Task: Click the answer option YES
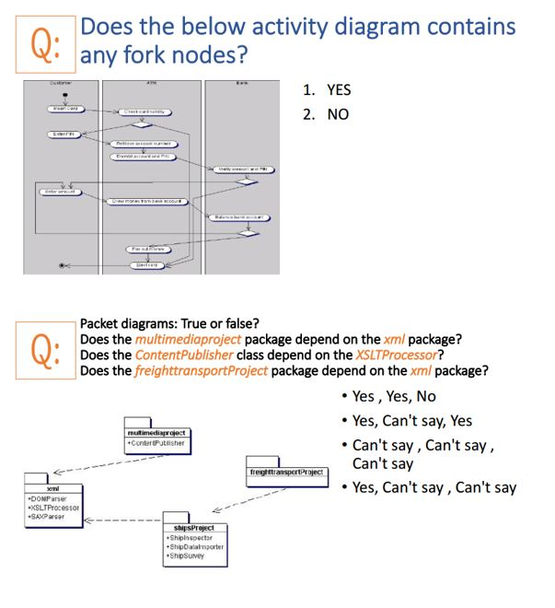338,90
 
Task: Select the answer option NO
336,115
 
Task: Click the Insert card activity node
64,109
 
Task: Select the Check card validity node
142,111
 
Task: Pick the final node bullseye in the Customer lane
63,265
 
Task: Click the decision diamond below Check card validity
145,126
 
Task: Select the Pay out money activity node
145,249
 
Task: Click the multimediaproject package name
156,431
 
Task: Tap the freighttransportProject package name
286,472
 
